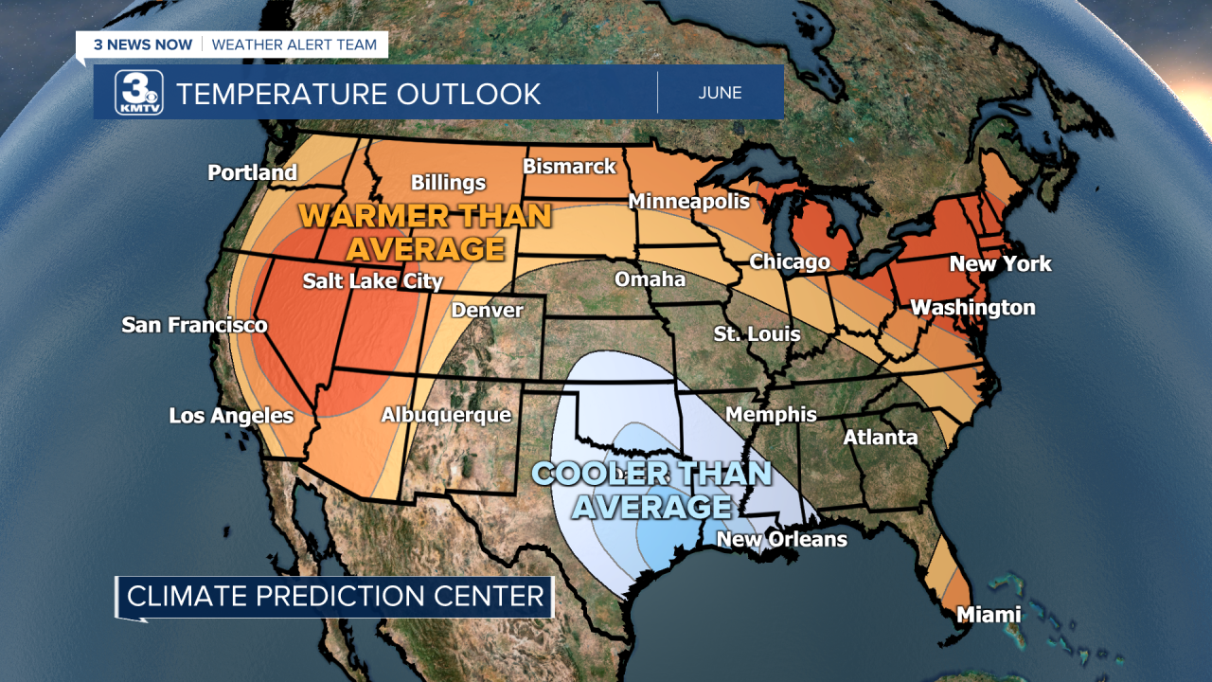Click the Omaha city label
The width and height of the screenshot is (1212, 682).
650,279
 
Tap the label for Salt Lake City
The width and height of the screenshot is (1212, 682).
372,281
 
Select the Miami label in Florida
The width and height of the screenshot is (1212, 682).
988,615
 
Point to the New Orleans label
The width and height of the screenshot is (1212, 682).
781,539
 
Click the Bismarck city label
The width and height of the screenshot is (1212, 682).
569,167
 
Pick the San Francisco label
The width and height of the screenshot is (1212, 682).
194,326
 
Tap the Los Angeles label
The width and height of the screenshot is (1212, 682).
231,416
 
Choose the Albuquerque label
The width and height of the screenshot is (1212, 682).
445,415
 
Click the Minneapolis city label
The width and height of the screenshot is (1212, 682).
688,201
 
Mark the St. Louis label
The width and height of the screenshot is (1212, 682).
757,334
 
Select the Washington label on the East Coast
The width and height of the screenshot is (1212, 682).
972,308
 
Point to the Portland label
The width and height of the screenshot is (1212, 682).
252,172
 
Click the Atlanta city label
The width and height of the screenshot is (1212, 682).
880,437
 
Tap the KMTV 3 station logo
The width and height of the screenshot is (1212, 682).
139,93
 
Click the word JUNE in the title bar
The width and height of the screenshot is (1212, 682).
720,93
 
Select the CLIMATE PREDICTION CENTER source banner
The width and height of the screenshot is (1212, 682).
335,596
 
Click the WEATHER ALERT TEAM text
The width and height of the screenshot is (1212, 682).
294,45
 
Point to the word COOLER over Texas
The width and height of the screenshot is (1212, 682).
597,473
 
